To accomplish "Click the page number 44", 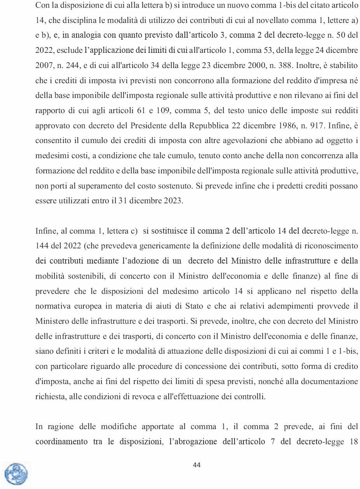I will coord(197,465).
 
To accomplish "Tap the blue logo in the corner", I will coord(16,474).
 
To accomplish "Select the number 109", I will coord(155,111).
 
